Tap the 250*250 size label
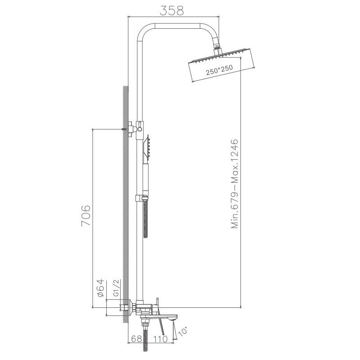[219, 71]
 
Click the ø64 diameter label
[101, 287]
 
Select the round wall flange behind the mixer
[131, 309]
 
